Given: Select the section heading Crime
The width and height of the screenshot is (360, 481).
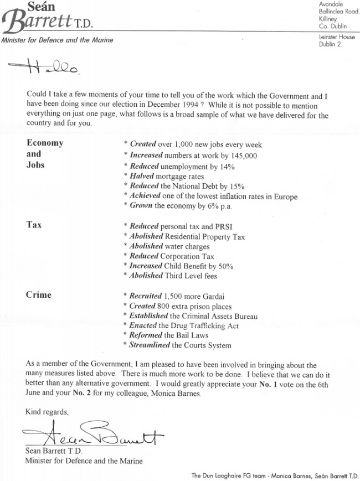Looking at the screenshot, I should click(x=39, y=295).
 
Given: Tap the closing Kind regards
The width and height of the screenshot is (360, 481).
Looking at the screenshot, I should click(x=47, y=411).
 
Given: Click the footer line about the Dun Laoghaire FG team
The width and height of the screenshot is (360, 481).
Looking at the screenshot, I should click(x=274, y=474).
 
